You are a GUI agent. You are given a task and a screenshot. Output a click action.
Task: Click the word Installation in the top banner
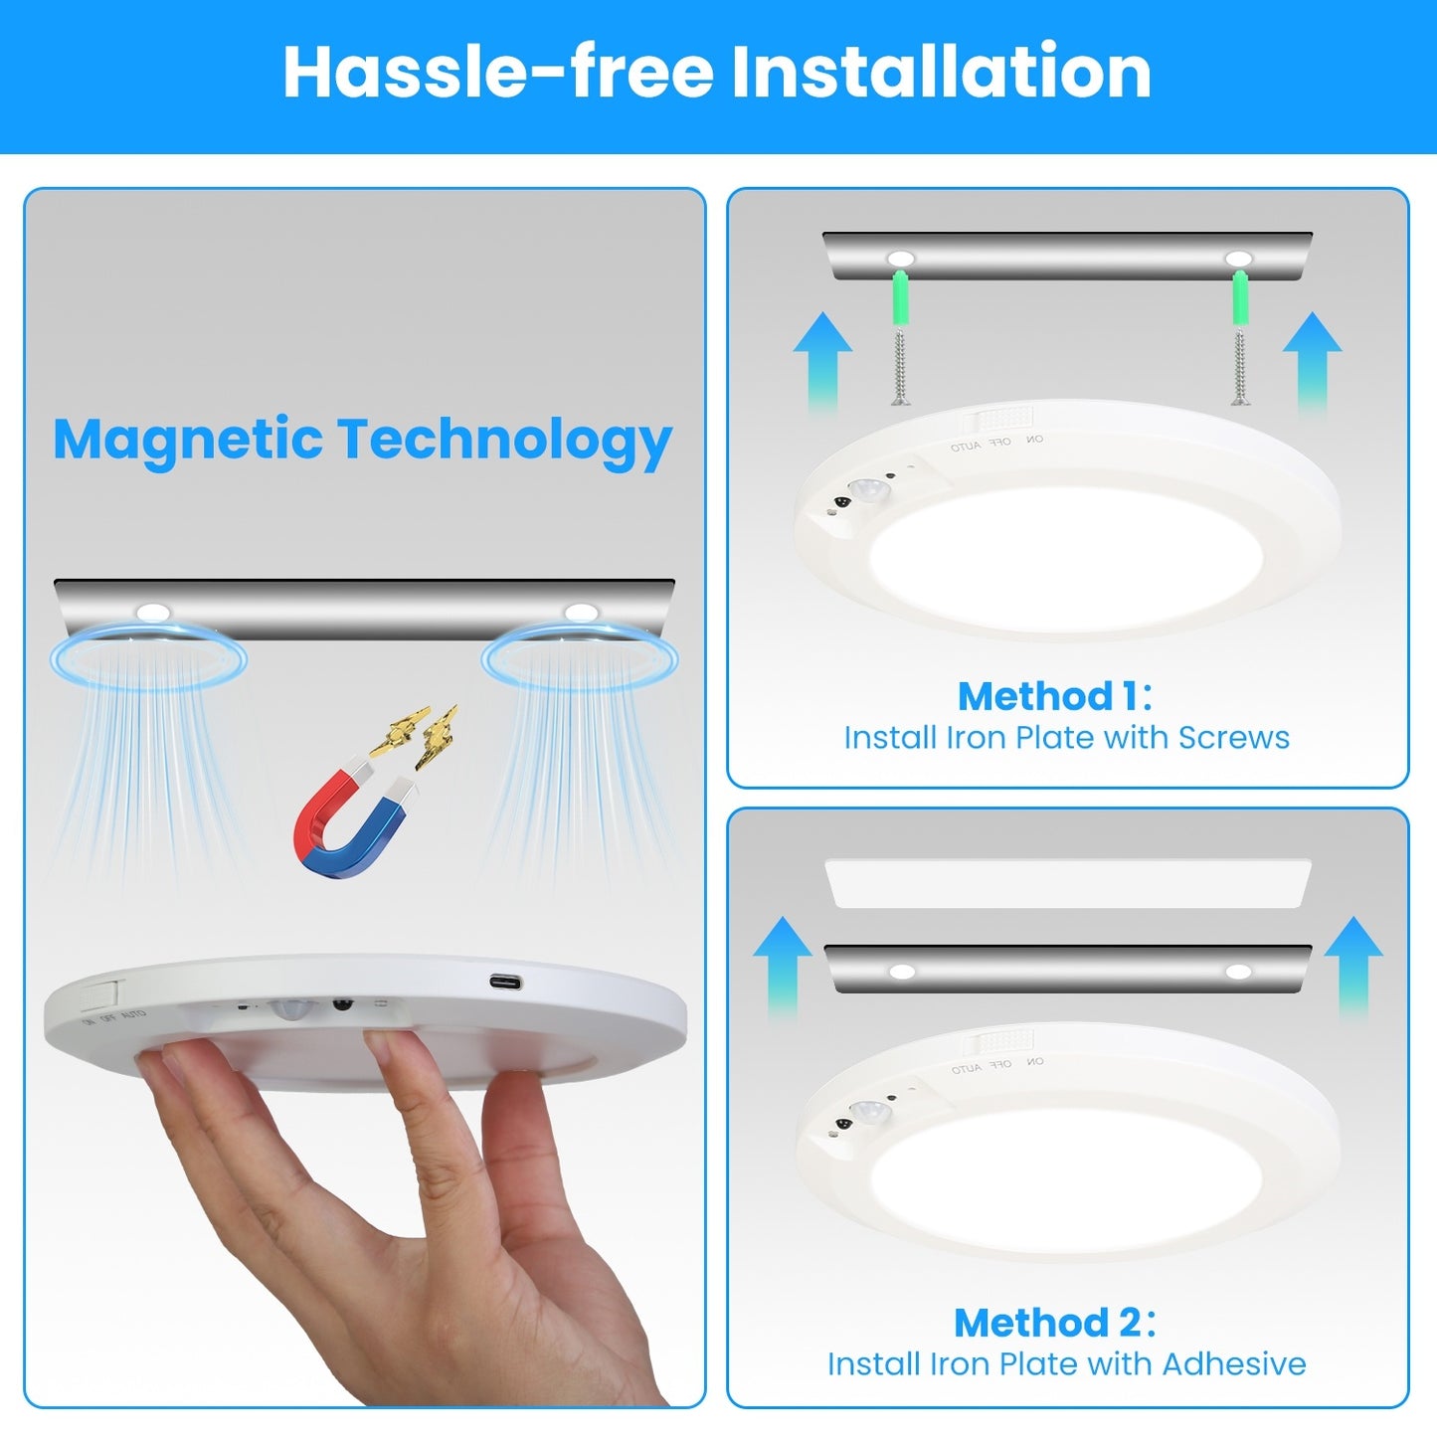[x=941, y=72]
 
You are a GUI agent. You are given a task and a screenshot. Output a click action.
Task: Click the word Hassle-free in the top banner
[x=497, y=72]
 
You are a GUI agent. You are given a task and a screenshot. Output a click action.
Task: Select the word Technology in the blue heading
[x=504, y=441]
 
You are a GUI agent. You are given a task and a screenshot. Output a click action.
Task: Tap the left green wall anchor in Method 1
[x=900, y=299]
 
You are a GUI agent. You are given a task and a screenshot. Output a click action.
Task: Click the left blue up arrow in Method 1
[x=822, y=358]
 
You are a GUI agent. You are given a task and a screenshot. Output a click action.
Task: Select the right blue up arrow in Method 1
[x=1312, y=358]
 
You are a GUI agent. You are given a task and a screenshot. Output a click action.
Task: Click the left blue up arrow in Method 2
[x=783, y=965]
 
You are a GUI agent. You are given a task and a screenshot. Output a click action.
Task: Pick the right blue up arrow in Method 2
[x=1353, y=965]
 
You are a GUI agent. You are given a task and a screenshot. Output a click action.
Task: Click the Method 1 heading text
[x=1054, y=696]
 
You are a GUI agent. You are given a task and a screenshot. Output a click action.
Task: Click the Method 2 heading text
[x=1054, y=1323]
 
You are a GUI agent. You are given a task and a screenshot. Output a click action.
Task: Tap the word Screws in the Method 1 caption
[x=1233, y=738]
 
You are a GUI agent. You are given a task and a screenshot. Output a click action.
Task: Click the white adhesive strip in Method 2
[x=1067, y=883]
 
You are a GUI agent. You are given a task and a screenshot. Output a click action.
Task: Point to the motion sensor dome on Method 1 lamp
[x=870, y=489]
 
